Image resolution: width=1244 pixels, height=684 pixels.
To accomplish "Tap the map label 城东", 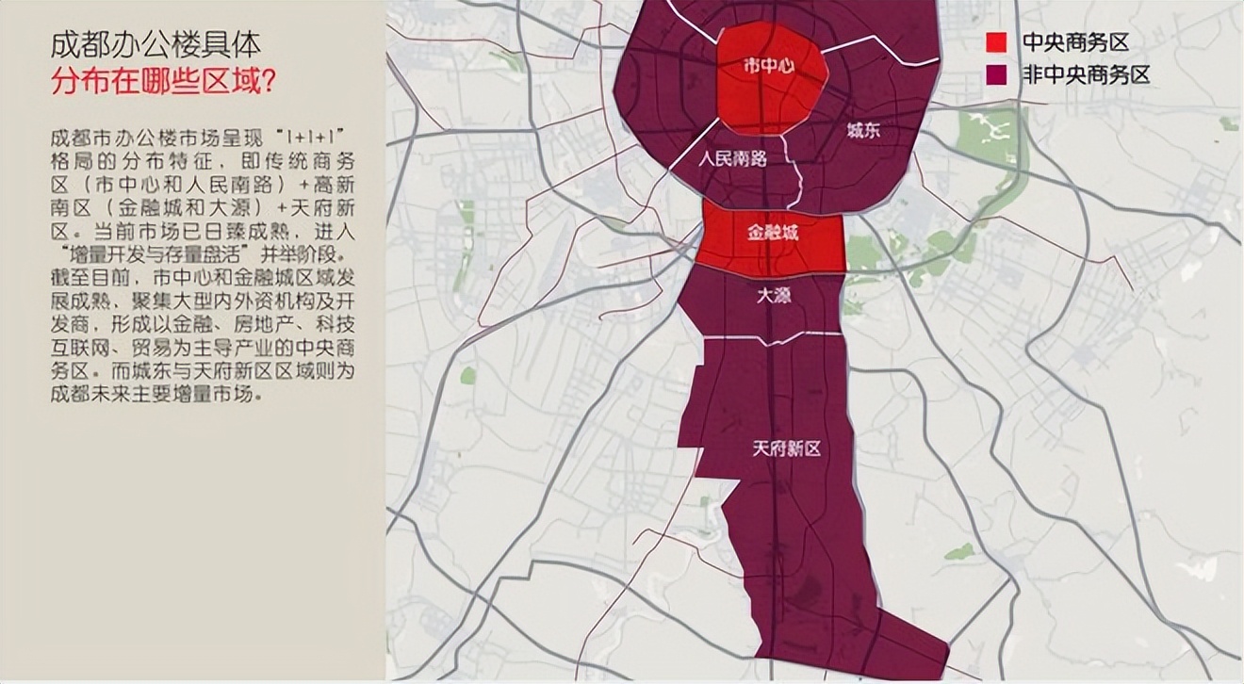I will tap(862, 132).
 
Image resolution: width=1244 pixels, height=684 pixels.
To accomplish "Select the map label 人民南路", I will tap(732, 158).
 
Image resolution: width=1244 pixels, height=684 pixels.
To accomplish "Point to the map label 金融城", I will tap(772, 233).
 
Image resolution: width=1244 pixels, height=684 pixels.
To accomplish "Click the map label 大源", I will tap(774, 295).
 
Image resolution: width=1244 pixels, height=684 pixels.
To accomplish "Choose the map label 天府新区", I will tap(786, 448).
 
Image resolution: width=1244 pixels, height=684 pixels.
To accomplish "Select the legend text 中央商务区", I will tap(1075, 42).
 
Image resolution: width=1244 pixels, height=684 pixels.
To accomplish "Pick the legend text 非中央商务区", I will tap(1086, 75).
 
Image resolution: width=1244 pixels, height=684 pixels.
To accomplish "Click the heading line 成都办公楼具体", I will tap(155, 45).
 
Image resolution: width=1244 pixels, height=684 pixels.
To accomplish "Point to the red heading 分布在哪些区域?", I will tap(163, 82).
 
